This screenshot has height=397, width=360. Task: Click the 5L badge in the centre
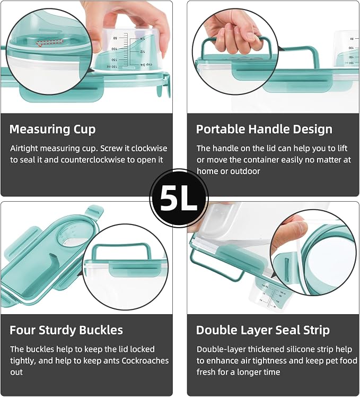point(179,198)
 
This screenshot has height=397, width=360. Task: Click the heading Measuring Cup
point(52,130)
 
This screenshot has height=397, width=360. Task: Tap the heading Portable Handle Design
point(264,129)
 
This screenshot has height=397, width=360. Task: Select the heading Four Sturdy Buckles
point(66,330)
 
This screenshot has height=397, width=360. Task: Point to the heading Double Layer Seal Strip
point(263,330)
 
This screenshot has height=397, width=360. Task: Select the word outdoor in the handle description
point(245,171)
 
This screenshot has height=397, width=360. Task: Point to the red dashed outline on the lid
point(49,43)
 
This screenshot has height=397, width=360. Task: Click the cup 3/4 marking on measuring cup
point(146,65)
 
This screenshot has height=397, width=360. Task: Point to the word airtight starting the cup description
point(24,149)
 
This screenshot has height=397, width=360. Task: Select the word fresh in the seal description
point(206,372)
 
